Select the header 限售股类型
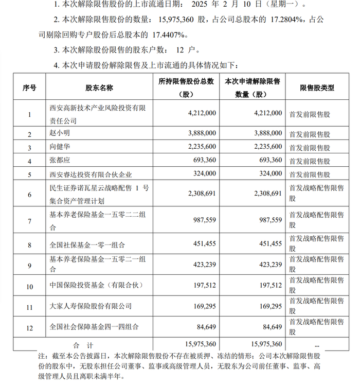[x=317, y=88]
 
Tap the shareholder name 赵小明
[x=58, y=134]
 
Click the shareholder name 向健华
[x=58, y=148]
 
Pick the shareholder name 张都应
[x=58, y=161]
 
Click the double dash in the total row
[x=317, y=344]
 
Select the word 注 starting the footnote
[x=42, y=356]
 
